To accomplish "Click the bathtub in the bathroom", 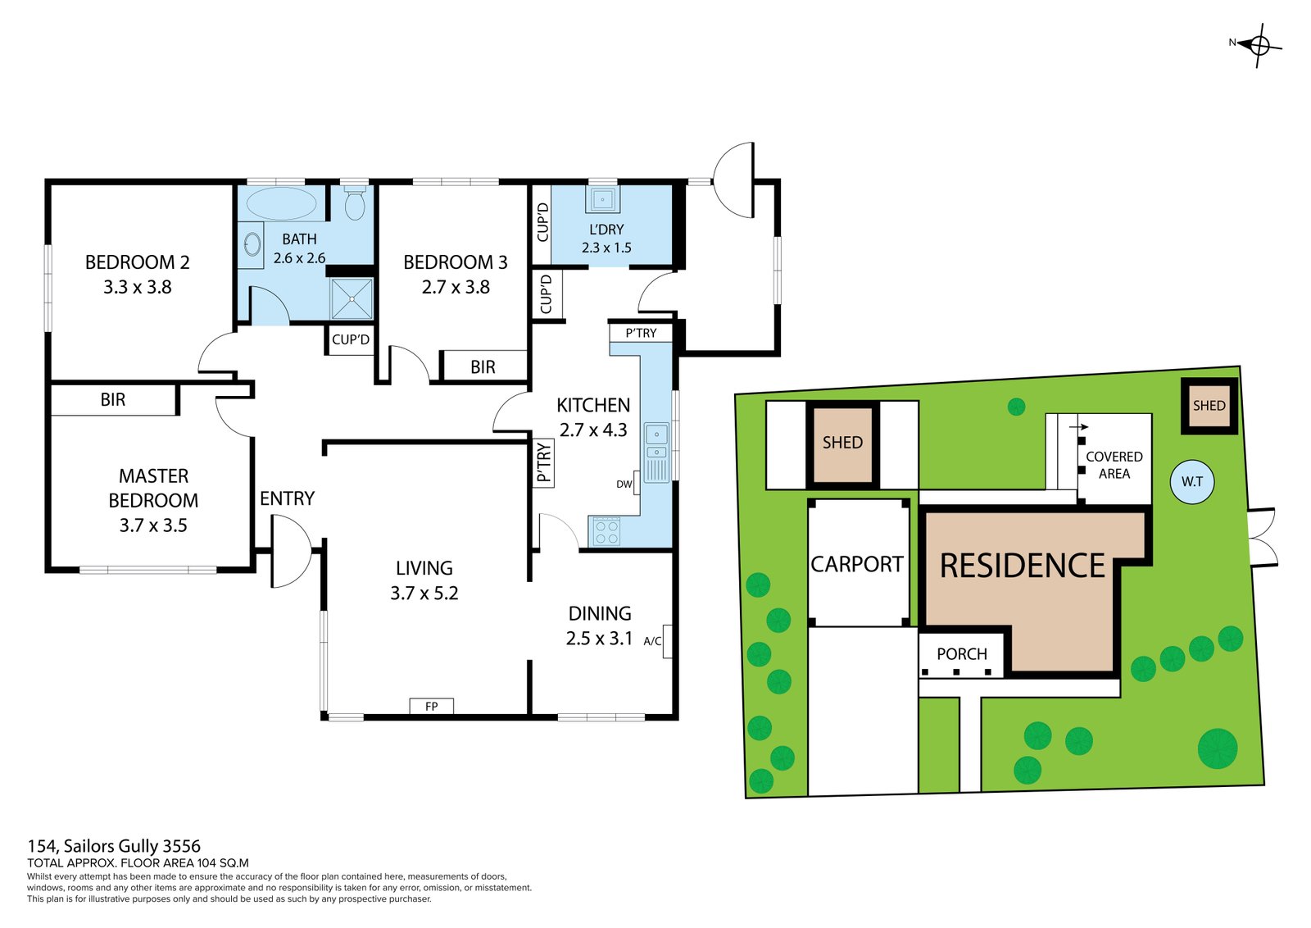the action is point(281,203).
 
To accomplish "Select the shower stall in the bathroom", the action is point(352,298).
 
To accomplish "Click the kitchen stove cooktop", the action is point(606,531).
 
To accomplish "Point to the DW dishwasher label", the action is point(624,484).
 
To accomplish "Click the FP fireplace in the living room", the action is point(431,706).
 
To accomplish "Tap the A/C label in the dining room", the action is point(652,641).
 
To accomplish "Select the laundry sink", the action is point(602,200).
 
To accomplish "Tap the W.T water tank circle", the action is point(1191,482).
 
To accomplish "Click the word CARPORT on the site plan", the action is point(856,564).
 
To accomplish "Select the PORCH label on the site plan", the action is point(962,653).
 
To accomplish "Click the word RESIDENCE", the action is point(1022,565).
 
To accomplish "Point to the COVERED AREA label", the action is point(1114,465).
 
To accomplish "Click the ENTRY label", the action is point(287,498).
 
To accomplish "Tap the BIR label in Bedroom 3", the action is point(483,367).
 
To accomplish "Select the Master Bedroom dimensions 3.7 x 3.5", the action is point(153,525).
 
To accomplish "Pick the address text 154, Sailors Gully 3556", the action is point(114,846).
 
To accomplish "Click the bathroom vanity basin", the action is point(252,245).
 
